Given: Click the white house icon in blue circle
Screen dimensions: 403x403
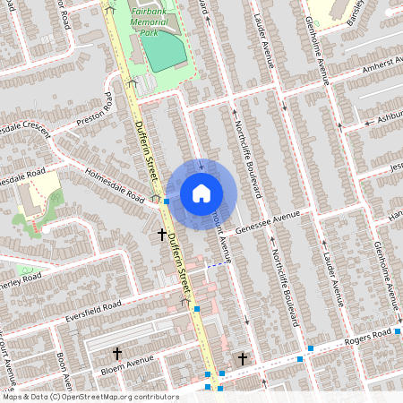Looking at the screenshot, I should click(x=201, y=192).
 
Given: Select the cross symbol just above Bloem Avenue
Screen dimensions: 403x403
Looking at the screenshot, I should click(x=117, y=354).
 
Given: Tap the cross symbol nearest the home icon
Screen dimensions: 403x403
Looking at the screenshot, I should click(x=162, y=235).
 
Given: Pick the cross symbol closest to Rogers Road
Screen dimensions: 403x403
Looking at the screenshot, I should click(x=242, y=358).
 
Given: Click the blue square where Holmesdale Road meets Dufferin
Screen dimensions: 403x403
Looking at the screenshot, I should click(x=167, y=201).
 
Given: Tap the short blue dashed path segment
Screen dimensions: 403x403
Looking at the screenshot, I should click(x=215, y=265).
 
